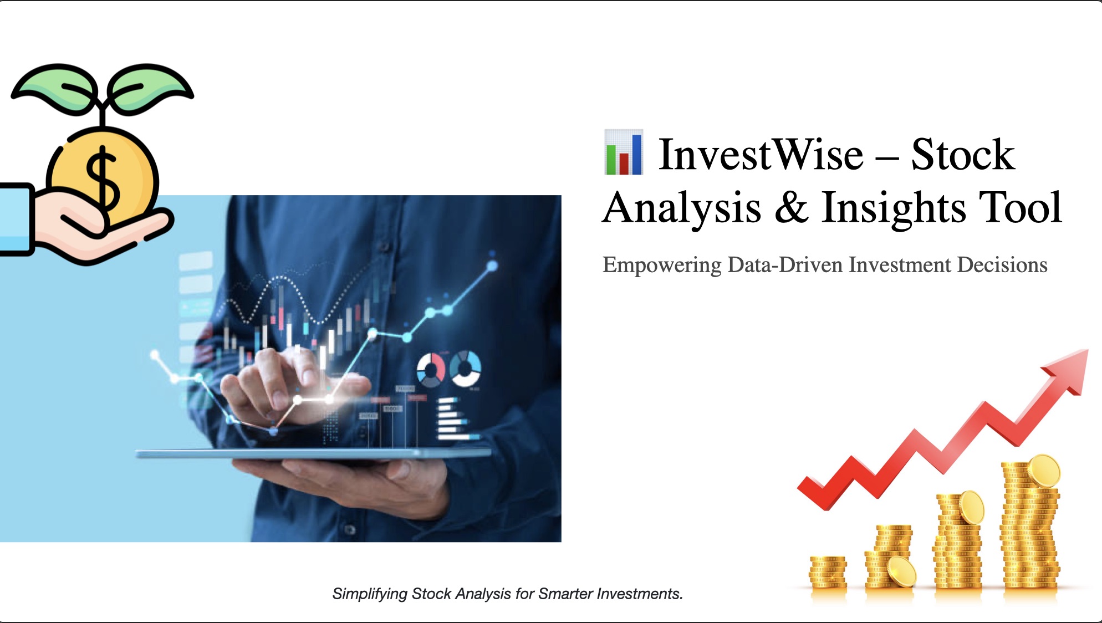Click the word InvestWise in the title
761,155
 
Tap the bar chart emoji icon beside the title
624,152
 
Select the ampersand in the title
791,207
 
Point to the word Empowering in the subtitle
662,265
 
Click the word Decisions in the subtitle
1002,265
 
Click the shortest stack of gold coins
828,572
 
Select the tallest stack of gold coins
1030,527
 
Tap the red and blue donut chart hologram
431,369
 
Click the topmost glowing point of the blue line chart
492,266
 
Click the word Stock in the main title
963,155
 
